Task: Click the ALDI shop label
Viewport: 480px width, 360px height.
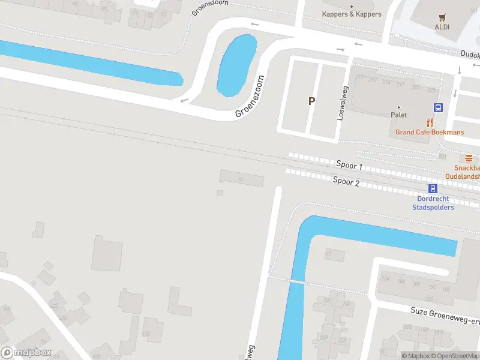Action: coord(442,27)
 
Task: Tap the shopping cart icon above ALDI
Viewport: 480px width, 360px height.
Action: coord(442,17)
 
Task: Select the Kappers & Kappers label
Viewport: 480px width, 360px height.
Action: coord(352,14)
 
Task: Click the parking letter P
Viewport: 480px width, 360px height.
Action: coord(311,101)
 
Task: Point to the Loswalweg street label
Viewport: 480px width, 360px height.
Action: coord(343,103)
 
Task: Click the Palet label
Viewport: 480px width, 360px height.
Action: coord(399,115)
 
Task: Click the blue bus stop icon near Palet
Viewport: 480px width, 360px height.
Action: coord(439,108)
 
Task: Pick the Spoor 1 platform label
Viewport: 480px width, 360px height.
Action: coord(349,165)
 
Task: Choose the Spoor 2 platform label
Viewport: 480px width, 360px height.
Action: coord(346,181)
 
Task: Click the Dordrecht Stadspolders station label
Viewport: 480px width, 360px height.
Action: coord(433,203)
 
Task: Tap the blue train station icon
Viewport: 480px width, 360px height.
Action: coord(433,188)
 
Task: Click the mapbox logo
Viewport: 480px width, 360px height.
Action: coord(26,352)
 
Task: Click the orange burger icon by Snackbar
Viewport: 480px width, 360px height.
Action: coord(469,158)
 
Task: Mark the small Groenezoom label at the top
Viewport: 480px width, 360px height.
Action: coord(210,7)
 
